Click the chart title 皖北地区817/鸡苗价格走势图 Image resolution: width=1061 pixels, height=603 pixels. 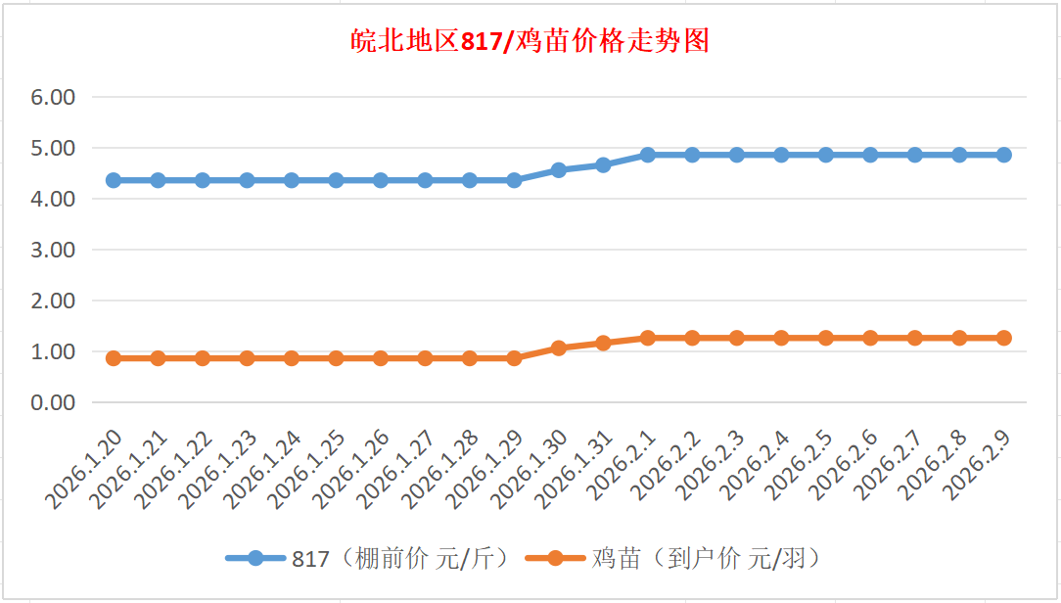530,41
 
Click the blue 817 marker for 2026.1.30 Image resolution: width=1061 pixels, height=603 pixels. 559,170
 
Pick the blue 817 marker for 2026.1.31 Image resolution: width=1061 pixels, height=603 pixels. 603,165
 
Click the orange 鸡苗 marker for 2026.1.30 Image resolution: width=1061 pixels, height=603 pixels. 559,348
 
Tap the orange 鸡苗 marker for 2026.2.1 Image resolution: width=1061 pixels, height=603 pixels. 648,338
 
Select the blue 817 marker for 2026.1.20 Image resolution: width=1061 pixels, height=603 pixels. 114,180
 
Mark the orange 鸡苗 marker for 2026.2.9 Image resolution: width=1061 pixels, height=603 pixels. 1003,338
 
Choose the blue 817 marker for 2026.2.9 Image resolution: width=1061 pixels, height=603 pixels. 1003,155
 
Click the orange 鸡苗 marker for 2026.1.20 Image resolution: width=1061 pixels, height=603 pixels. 114,358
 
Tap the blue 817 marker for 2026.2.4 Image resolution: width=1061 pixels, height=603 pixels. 781,155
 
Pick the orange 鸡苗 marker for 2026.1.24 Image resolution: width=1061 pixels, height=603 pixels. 292,358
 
